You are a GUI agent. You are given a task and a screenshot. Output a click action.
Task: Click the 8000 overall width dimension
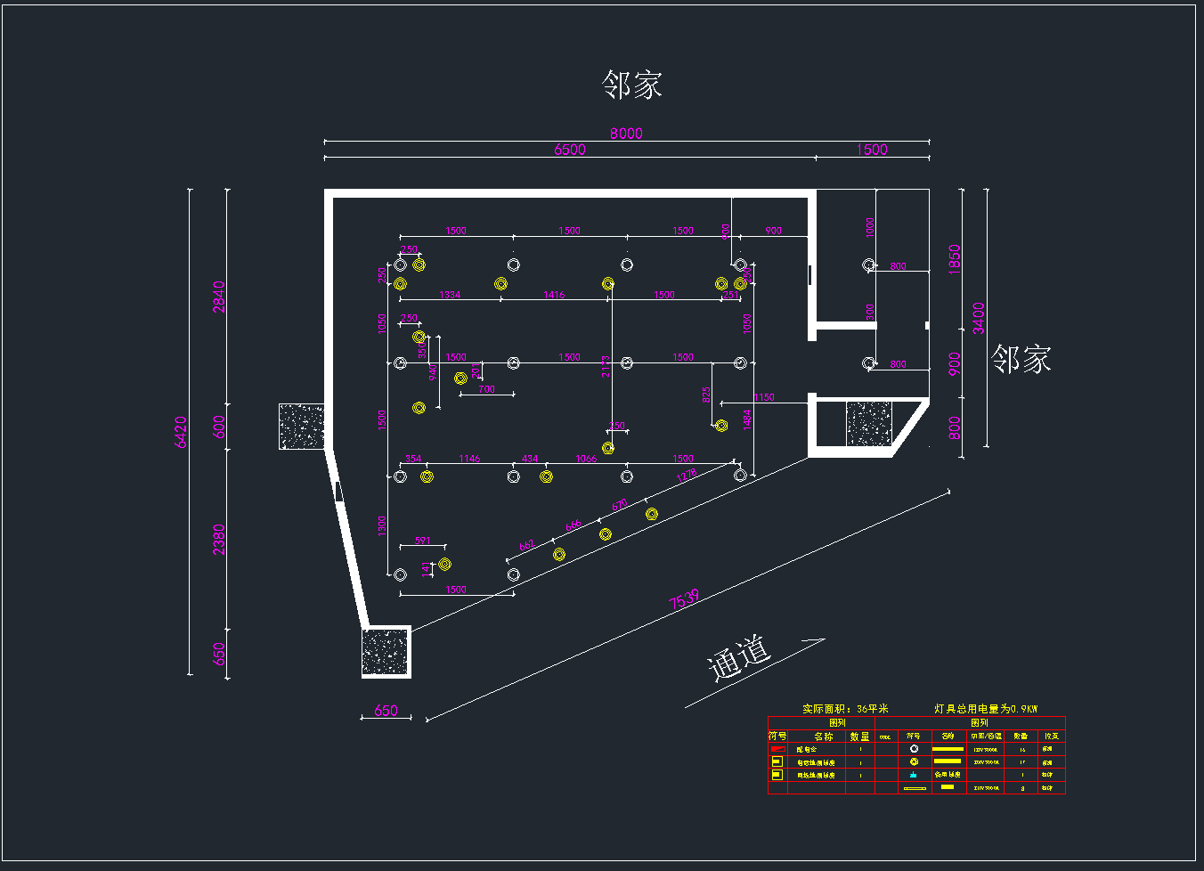626,133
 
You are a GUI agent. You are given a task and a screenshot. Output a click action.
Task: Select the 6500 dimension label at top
570,150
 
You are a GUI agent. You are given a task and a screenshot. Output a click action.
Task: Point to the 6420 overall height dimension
182,432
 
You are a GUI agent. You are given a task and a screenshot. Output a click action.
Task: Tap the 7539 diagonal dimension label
684,599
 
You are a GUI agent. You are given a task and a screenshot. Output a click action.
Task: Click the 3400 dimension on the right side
979,318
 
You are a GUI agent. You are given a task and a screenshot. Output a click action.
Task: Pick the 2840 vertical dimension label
219,297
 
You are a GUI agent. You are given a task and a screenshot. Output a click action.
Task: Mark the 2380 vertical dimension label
219,539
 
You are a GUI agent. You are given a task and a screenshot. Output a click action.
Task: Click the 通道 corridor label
738,657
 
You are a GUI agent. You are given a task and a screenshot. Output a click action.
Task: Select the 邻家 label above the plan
631,85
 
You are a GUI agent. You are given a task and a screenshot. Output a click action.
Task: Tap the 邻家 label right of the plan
1021,360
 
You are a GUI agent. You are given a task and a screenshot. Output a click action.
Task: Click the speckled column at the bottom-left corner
386,652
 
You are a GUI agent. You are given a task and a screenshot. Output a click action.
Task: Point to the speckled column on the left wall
301,426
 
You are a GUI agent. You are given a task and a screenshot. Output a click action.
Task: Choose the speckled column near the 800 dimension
868,424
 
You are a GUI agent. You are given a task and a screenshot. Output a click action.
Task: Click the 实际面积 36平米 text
845,709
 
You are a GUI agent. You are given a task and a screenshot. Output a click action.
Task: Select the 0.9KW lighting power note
986,709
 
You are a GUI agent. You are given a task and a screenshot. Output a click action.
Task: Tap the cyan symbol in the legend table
914,775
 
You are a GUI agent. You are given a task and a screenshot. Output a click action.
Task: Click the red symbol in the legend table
777,749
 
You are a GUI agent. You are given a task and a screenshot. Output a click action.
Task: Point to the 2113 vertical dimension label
606,366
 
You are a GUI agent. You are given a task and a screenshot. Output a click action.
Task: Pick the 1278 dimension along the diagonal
686,476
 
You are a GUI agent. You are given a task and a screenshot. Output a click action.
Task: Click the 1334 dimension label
451,295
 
